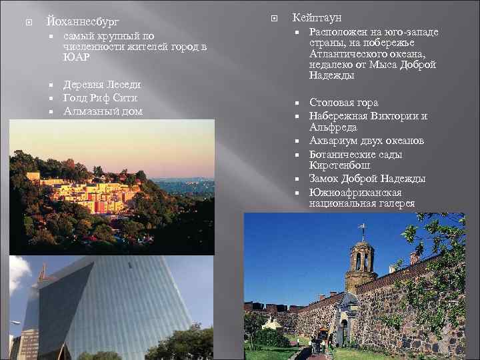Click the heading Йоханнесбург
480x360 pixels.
[x=83, y=22]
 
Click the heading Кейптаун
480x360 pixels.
[x=317, y=18]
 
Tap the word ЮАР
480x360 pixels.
[x=77, y=57]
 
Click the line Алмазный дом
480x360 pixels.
[x=103, y=111]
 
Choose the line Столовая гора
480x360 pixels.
[x=343, y=102]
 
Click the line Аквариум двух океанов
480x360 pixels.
[x=367, y=140]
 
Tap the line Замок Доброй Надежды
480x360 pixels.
[x=367, y=178]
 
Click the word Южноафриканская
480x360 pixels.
[x=353, y=191]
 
